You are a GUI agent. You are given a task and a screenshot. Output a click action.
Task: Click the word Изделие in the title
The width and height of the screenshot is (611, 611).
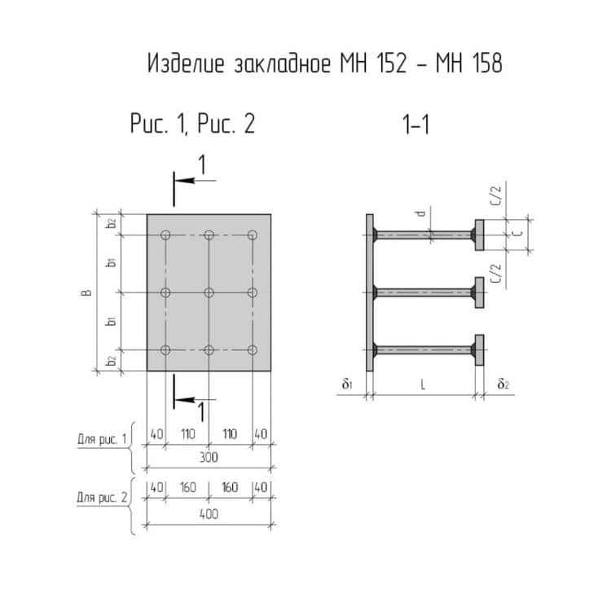click(187, 63)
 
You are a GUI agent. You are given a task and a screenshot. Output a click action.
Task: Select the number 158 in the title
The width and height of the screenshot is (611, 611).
click(487, 63)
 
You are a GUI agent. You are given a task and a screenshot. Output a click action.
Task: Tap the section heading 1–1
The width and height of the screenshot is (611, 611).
click(415, 125)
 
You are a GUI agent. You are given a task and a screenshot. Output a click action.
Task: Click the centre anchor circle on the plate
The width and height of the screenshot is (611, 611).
click(209, 292)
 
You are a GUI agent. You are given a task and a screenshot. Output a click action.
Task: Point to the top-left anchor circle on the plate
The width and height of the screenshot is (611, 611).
click(165, 235)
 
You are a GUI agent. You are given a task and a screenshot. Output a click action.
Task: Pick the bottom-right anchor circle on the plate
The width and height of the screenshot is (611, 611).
click(253, 350)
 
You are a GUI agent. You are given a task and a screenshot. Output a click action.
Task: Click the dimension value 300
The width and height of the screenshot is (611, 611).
click(209, 457)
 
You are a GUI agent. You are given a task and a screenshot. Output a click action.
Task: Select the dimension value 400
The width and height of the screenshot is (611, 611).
click(209, 514)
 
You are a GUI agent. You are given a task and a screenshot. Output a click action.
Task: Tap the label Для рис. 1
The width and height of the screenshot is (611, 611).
click(102, 440)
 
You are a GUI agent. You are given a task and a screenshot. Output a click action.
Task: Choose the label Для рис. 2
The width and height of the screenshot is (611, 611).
click(102, 497)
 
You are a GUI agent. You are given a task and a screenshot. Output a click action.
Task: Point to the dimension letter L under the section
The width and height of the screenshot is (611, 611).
click(423, 385)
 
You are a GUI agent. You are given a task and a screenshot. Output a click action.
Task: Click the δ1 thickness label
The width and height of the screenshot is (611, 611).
click(347, 385)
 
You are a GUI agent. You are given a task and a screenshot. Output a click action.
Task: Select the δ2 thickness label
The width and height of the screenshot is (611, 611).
click(503, 385)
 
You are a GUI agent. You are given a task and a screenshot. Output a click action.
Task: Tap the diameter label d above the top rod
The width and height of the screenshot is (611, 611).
click(420, 213)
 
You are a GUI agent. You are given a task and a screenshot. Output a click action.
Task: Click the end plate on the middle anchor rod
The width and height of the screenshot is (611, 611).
click(480, 292)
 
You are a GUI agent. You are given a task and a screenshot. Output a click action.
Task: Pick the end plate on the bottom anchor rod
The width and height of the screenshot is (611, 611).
click(480, 350)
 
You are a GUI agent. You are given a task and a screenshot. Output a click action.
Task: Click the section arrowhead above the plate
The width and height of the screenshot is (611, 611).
click(185, 180)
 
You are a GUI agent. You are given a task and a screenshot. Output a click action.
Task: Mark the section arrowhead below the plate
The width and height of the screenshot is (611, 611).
click(185, 399)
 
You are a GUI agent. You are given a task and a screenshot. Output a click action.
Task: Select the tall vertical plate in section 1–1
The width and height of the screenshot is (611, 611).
click(369, 292)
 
